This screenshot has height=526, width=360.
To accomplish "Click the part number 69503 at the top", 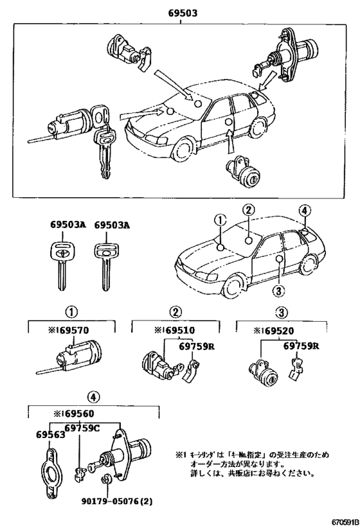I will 180,13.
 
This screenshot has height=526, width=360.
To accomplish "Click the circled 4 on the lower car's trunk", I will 304,210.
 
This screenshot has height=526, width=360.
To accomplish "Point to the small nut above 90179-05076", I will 105,478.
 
